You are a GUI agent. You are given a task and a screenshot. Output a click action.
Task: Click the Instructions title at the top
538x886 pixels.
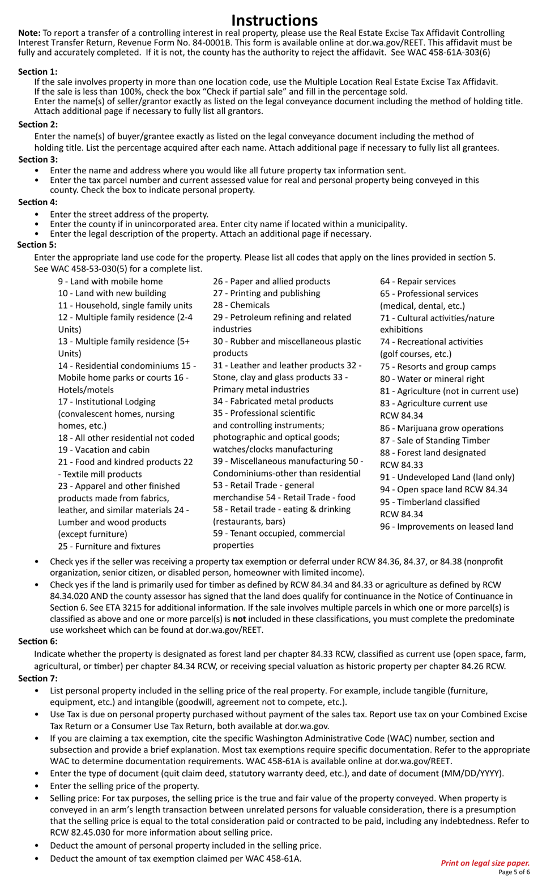tap(274, 20)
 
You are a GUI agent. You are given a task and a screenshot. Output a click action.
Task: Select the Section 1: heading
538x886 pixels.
tap(37, 71)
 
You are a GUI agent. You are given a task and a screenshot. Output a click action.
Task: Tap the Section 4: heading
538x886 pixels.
tap(37, 202)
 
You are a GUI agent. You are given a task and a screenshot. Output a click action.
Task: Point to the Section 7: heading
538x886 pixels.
tap(37, 678)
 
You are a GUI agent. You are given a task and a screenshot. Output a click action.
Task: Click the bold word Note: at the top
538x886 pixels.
tap(29, 33)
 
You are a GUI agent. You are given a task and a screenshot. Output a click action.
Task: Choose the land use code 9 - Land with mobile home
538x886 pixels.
tap(110, 281)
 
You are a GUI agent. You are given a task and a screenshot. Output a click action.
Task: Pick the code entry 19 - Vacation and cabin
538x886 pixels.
tap(104, 449)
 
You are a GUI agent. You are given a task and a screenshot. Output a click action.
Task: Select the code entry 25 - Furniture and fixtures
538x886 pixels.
tap(109, 546)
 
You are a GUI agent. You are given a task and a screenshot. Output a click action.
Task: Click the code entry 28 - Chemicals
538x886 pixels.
tap(241, 305)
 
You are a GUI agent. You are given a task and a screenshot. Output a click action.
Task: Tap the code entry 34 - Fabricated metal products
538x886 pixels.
tap(273, 401)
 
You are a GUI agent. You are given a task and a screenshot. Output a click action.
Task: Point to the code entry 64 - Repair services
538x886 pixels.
tap(417, 281)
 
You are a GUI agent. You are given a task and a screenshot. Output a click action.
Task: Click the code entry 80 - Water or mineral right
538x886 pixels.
tap(432, 378)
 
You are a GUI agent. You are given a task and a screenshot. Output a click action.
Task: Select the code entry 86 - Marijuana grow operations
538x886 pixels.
tap(442, 428)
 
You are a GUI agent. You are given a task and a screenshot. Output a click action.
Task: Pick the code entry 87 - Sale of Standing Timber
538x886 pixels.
tap(435, 440)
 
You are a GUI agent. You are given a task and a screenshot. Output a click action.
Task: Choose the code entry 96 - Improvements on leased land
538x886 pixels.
tap(446, 526)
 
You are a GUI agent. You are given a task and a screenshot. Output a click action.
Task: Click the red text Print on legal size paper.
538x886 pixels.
tap(485, 863)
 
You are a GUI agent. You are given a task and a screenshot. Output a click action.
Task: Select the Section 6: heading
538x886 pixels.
tap(37, 641)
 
